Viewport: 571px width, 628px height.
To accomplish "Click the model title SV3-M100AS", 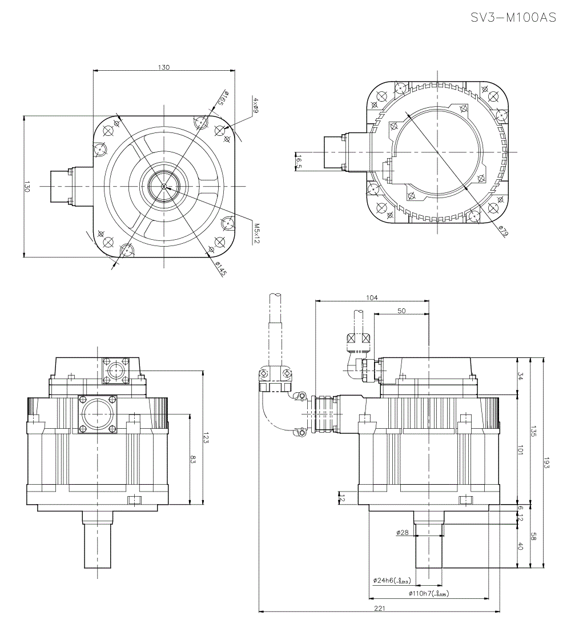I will tap(513, 18).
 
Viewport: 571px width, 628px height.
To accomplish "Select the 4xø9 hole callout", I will tap(255, 106).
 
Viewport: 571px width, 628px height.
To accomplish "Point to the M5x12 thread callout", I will tap(256, 234).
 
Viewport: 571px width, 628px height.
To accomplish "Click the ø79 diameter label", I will tap(503, 232).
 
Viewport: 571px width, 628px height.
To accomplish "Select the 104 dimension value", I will tap(372, 297).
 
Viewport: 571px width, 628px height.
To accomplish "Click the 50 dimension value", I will tap(401, 311).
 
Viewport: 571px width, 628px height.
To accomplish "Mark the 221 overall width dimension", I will tap(379, 609).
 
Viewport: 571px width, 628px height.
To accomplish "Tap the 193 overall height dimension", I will tap(546, 463).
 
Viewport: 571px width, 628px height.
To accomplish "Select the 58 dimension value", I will tap(533, 537).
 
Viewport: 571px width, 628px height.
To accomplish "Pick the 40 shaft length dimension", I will tap(520, 546).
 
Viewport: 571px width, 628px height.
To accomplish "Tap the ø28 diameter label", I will tap(402, 532).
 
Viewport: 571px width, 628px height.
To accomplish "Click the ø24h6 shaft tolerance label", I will tap(392, 581).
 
